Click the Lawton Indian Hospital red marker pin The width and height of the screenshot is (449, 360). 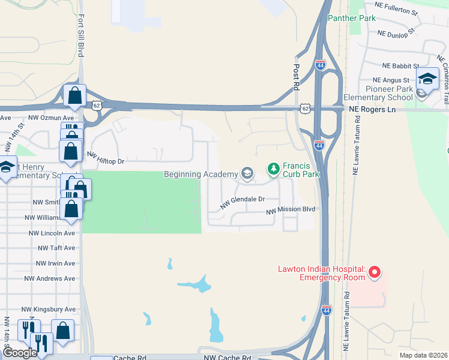(375, 272)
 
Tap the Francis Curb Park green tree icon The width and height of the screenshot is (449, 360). (274, 169)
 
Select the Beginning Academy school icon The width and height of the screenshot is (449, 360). (247, 174)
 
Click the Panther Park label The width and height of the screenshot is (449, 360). (352, 18)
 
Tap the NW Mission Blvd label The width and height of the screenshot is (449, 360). (291, 209)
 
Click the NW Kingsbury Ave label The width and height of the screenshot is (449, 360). (49, 310)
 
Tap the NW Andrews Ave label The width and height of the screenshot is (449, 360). (50, 278)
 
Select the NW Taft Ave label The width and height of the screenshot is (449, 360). (56, 247)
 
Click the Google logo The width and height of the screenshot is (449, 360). (20, 352)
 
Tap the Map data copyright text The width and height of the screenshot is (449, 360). (423, 355)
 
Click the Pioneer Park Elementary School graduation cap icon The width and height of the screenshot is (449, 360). (427, 79)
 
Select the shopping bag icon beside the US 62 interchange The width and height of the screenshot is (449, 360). (74, 95)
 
